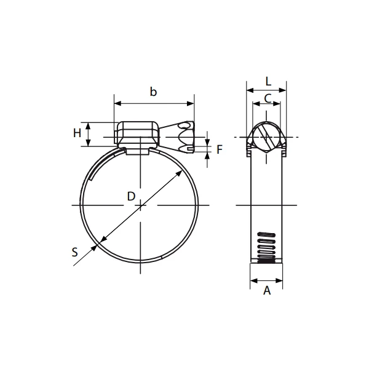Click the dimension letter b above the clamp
(x=154, y=92)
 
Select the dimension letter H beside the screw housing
(x=77, y=133)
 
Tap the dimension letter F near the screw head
(x=219, y=148)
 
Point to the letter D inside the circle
(x=130, y=196)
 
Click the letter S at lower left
(x=74, y=252)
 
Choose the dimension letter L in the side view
(x=268, y=81)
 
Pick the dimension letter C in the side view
(x=268, y=98)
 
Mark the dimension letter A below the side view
(x=267, y=291)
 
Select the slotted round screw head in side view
(x=267, y=136)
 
